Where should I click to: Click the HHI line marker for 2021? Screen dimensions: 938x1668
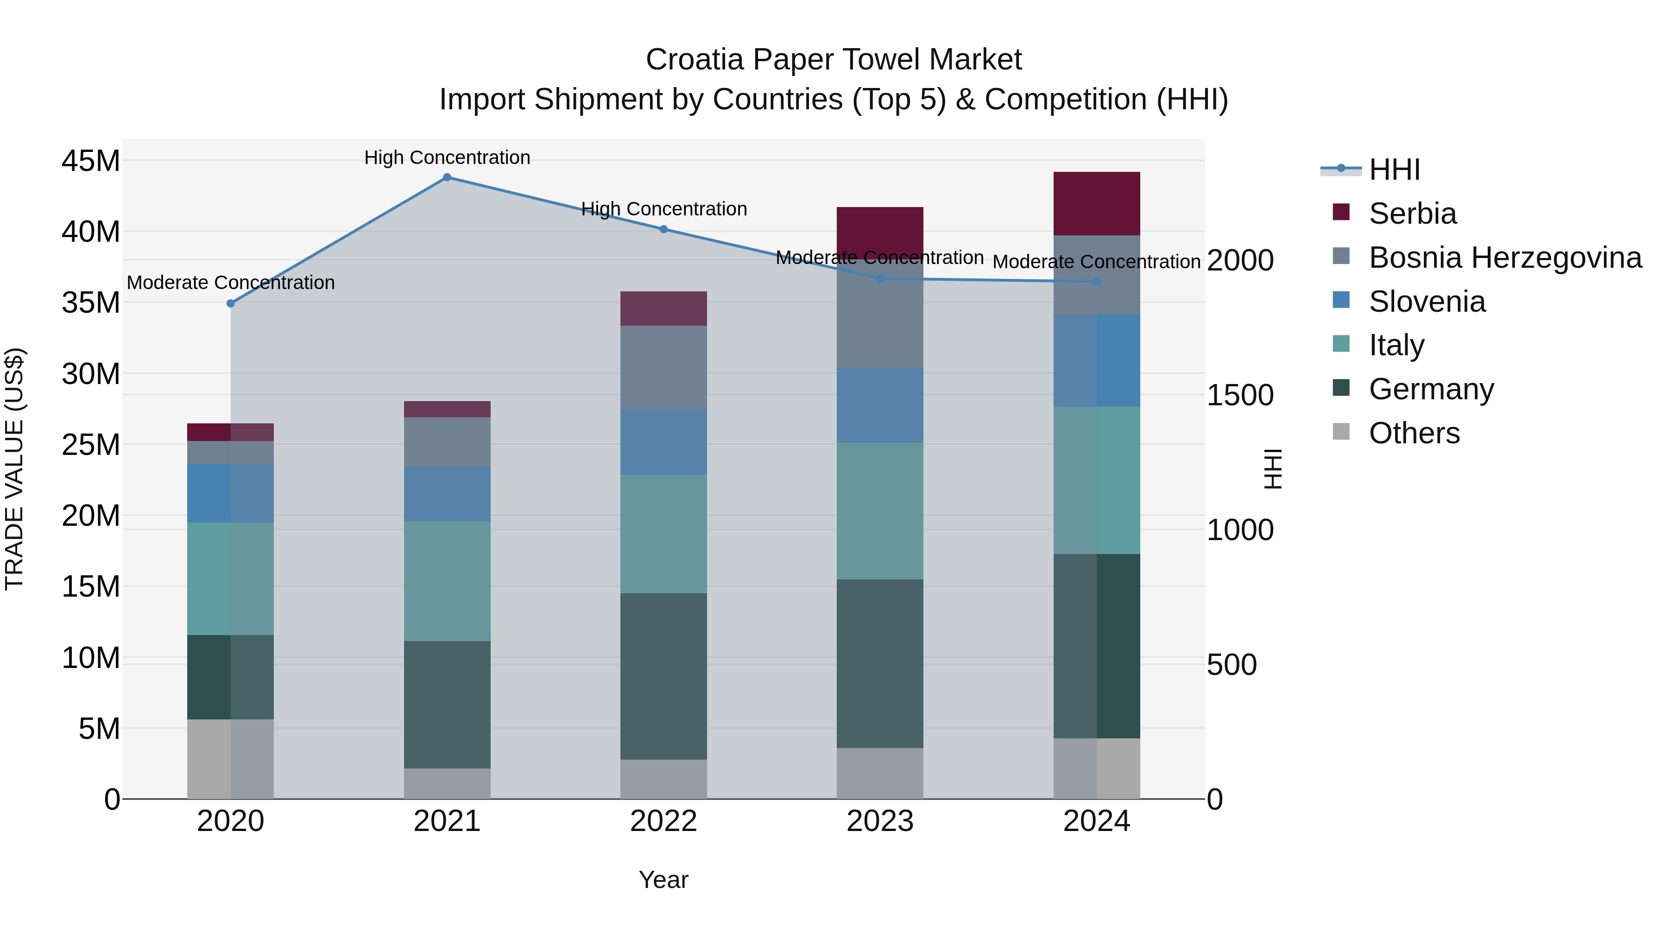[447, 177]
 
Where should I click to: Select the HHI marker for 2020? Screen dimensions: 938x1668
[231, 303]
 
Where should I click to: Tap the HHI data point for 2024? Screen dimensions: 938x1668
[1097, 282]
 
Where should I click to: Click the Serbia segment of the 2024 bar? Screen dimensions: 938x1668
[1097, 204]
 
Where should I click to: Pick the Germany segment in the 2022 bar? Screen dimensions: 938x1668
[663, 676]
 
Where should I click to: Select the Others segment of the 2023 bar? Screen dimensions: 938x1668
[880, 774]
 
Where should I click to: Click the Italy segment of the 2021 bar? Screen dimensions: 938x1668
[447, 581]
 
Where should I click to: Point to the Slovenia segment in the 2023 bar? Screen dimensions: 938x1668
[880, 405]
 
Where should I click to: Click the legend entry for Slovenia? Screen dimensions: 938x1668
[1427, 302]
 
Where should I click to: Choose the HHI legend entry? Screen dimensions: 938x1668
[1394, 170]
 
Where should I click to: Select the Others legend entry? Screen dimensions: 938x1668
[1414, 433]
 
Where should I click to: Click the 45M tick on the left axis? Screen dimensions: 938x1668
[91, 161]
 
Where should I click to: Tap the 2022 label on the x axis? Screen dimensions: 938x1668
[663, 821]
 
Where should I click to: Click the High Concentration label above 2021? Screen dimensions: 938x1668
[447, 157]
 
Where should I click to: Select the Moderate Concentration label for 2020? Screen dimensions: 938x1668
[231, 283]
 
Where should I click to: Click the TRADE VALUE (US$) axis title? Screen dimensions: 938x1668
[14, 469]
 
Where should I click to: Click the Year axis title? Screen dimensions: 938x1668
[663, 880]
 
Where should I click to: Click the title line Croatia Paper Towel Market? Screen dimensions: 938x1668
[834, 60]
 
